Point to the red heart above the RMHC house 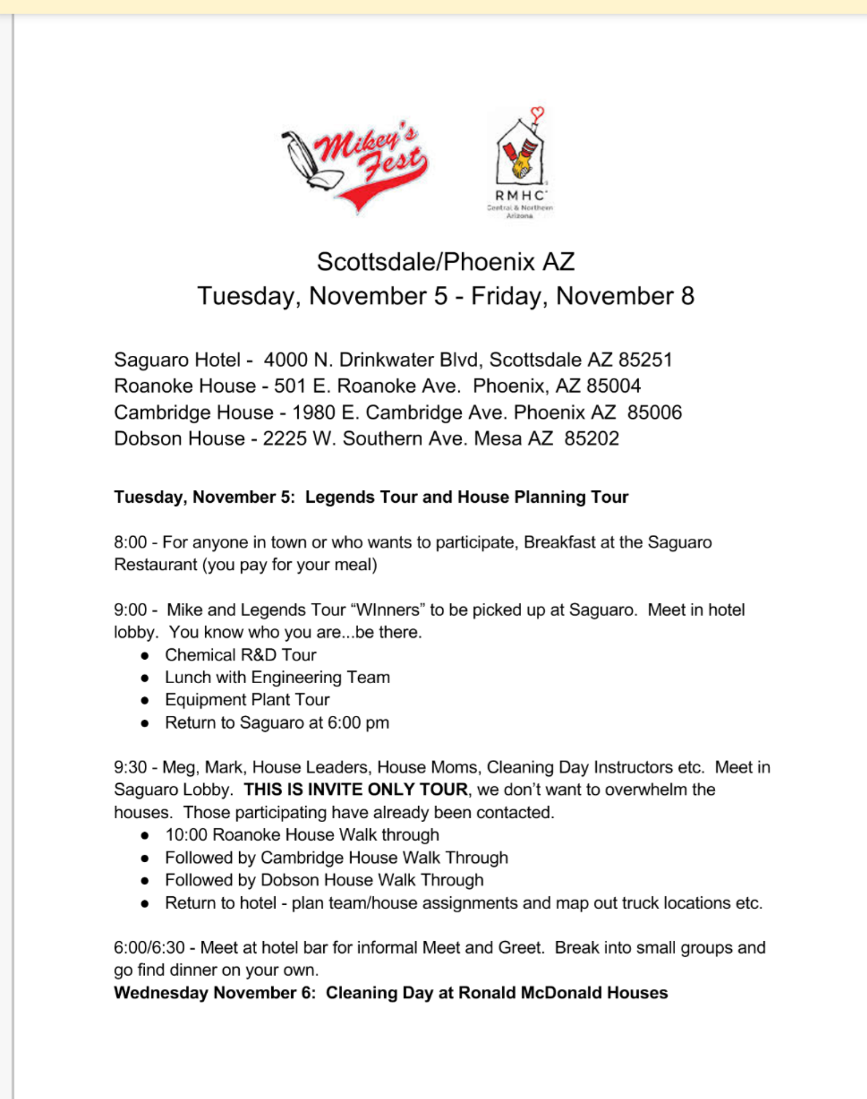point(537,113)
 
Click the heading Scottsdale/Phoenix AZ point(446,262)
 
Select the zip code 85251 point(645,360)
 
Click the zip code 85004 point(613,386)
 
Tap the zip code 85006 point(655,412)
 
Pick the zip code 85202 point(591,438)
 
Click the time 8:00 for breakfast point(130,542)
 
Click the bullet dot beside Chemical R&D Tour point(145,655)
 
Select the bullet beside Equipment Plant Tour point(145,700)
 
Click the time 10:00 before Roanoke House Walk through point(186,835)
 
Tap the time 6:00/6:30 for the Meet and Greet point(149,948)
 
